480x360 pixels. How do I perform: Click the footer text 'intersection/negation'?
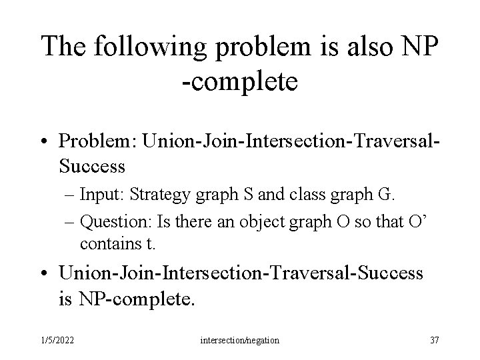tap(239, 341)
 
